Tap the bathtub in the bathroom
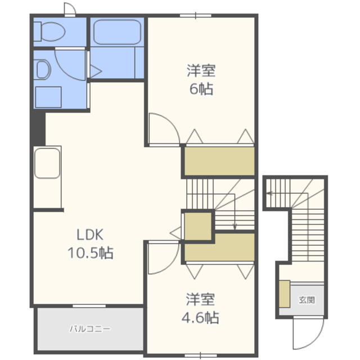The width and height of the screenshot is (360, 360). click(117, 32)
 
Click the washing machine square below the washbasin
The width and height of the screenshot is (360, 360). click(48, 97)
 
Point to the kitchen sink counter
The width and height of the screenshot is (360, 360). click(47, 177)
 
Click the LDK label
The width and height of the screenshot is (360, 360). click(90, 235)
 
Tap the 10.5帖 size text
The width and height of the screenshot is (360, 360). click(90, 253)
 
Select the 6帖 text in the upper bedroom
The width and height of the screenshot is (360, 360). click(201, 89)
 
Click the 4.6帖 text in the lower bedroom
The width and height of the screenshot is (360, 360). click(200, 317)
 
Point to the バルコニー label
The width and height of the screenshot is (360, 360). click(90, 328)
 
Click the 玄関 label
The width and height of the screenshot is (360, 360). click(307, 300)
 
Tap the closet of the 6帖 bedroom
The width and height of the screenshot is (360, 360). click(219, 161)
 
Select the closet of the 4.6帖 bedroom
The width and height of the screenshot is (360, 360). click(219, 247)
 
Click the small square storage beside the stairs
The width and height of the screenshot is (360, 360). click(198, 227)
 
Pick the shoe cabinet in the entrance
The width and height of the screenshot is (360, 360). click(285, 294)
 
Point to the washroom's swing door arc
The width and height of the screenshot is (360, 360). click(64, 71)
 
